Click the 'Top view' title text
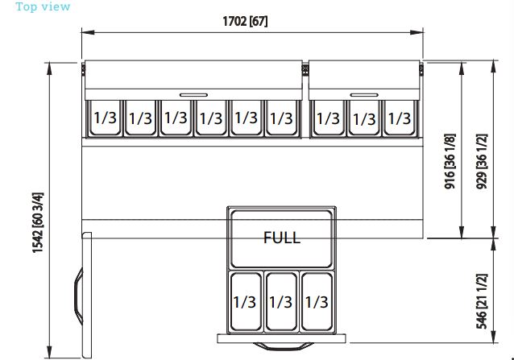43,6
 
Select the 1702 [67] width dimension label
245,21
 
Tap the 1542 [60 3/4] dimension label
38,223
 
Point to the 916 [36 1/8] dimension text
450,161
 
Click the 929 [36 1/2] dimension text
482,161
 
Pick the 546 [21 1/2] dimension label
482,301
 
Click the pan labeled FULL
282,239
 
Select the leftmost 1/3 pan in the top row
105,118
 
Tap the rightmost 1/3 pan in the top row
400,118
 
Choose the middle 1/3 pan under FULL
281,302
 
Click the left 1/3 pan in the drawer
246,302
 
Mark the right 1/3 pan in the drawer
317,302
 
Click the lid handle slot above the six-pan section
193,95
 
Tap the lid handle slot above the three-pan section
364,95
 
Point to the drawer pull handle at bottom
283,346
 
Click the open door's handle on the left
79,296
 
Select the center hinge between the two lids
305,69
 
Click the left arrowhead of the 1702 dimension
88,32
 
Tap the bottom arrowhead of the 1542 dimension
49,352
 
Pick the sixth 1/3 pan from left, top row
281,118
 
